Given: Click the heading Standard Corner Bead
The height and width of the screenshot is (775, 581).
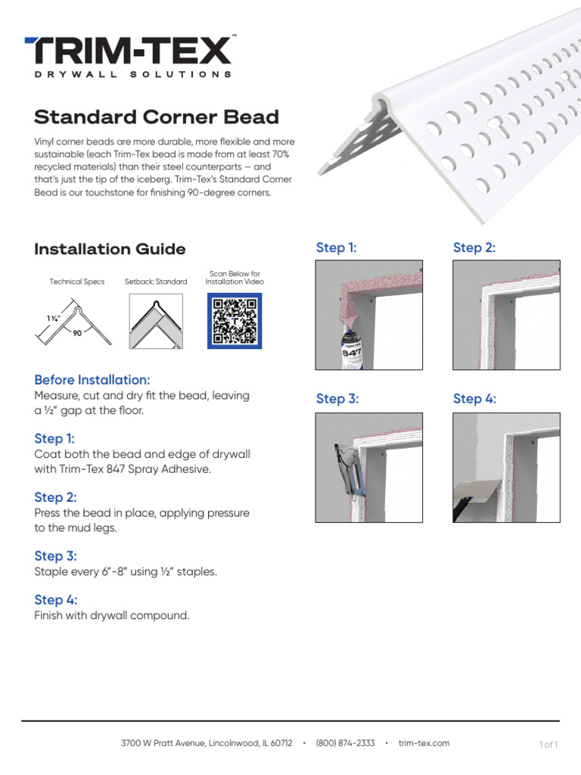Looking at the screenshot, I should click(x=157, y=117).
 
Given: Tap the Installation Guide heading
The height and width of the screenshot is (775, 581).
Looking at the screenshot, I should click(x=110, y=249).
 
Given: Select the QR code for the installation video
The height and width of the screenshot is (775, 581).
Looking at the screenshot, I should click(x=235, y=320).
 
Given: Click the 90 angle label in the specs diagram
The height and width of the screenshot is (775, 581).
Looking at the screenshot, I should click(x=77, y=332).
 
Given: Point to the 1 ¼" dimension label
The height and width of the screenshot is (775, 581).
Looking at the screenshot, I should click(x=54, y=319).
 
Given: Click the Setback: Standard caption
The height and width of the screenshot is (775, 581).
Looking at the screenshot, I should click(x=156, y=282).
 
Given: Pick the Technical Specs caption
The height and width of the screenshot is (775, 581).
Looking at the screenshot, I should click(x=76, y=282).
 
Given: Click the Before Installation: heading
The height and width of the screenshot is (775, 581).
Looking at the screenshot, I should click(x=92, y=380).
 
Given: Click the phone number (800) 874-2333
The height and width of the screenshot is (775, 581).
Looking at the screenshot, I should click(x=345, y=743).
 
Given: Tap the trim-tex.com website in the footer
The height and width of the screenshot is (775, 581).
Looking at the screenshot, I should click(x=424, y=743).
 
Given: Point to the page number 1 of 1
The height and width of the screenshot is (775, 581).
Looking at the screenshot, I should click(x=548, y=745).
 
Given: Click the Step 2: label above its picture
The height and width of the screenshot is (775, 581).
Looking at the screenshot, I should click(x=474, y=247).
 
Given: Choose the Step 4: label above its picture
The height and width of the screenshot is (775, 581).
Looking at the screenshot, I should click(x=474, y=399).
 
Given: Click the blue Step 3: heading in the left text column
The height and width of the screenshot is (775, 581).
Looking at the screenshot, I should click(x=54, y=556).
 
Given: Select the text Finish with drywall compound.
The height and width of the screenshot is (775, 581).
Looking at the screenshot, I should click(x=112, y=615).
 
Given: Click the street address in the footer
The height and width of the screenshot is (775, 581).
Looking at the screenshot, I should click(x=207, y=743).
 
